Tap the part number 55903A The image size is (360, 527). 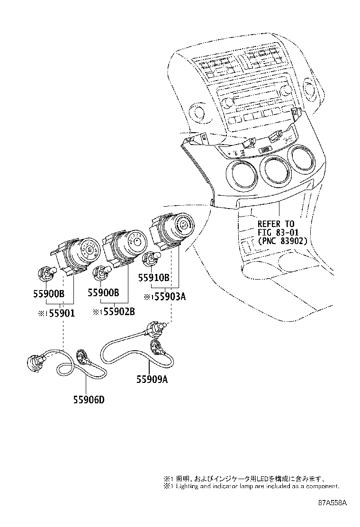(x=168, y=297)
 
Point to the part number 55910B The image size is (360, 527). (x=154, y=278)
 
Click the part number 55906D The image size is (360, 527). (x=89, y=399)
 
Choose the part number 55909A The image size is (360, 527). (x=153, y=379)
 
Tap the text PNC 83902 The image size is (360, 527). (x=283, y=241)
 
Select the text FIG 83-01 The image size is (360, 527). (x=278, y=232)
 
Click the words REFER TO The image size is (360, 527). (x=276, y=224)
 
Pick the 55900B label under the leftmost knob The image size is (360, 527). (x=49, y=293)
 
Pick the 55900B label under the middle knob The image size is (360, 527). (x=103, y=293)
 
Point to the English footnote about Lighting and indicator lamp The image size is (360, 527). (x=251, y=486)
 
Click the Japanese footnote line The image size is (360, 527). (x=244, y=479)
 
